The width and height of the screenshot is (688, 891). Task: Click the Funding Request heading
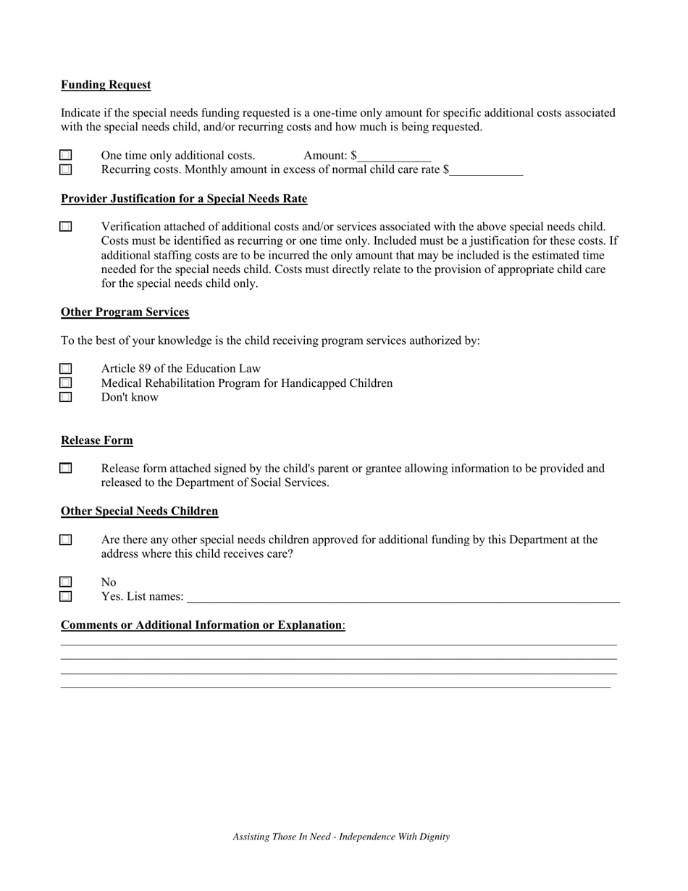(x=106, y=85)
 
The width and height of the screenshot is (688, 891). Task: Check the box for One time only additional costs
(x=66, y=155)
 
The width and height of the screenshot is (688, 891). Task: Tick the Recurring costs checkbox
(x=66, y=170)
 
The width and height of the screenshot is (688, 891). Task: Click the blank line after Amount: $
(x=394, y=156)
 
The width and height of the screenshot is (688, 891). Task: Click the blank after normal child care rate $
(x=486, y=171)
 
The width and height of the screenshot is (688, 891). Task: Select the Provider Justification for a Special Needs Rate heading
(x=184, y=198)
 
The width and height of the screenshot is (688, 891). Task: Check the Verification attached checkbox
(x=66, y=227)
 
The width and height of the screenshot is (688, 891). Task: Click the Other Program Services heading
(x=125, y=312)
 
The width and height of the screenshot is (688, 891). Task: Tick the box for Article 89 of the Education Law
(x=66, y=369)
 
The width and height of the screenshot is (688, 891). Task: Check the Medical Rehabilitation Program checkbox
(x=66, y=382)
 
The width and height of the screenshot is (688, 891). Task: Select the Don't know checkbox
(x=66, y=397)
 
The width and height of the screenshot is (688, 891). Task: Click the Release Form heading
(x=97, y=440)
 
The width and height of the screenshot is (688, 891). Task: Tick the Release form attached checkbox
(x=66, y=469)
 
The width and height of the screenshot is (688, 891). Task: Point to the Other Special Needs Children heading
(x=139, y=511)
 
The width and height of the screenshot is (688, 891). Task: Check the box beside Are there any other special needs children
(x=66, y=540)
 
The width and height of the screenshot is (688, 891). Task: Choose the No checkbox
(x=66, y=582)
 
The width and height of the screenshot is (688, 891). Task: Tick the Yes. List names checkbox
(x=66, y=596)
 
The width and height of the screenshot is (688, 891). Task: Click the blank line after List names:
(x=403, y=598)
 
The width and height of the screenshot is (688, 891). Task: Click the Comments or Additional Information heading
(x=202, y=625)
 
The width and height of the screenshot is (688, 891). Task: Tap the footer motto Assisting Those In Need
(x=341, y=837)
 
